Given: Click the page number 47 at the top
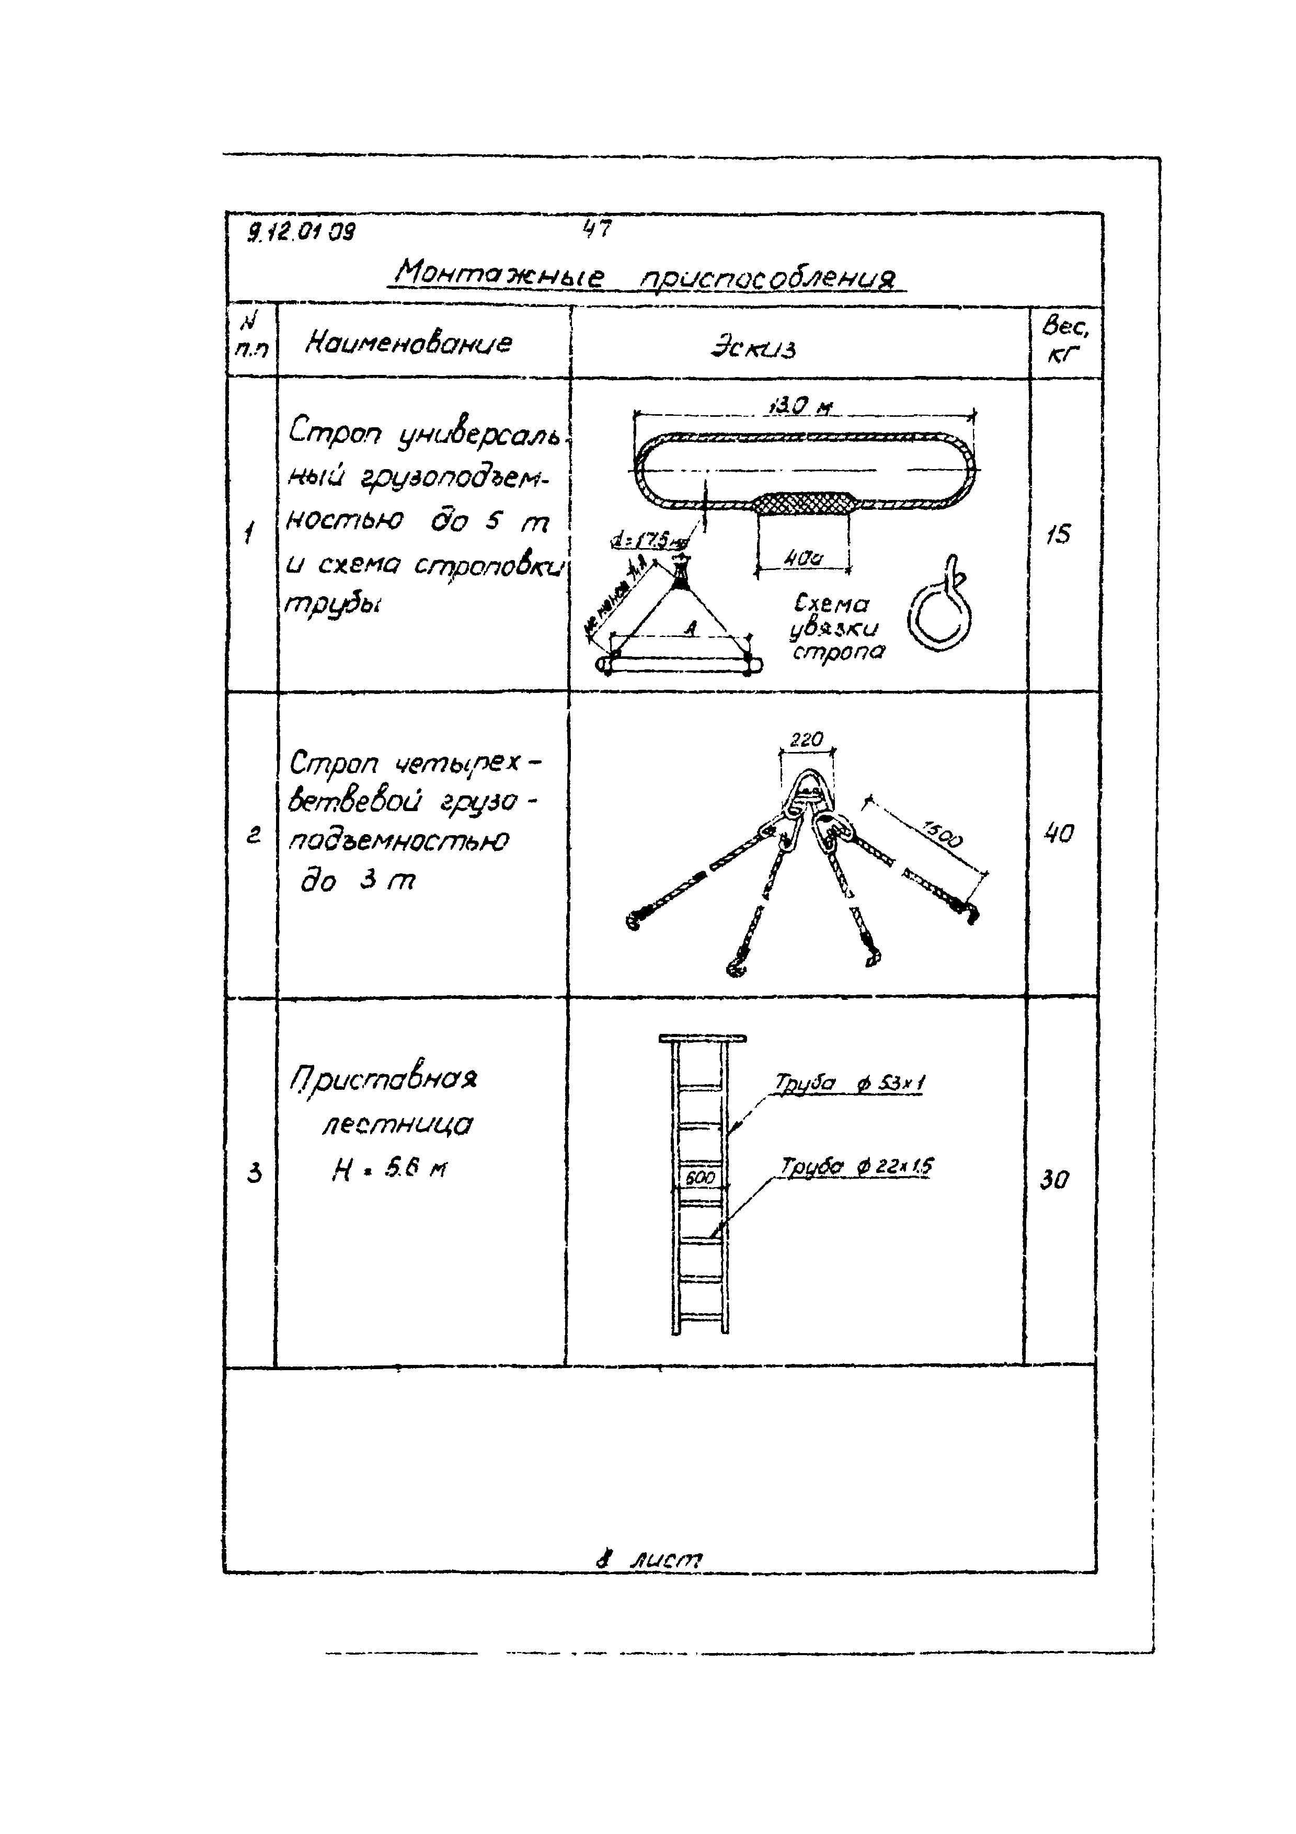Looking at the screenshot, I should point(597,229).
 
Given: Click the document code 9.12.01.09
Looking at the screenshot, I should point(302,232).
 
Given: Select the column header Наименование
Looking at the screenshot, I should point(408,344).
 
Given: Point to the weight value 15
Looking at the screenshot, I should point(1058,534).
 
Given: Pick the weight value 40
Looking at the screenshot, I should point(1059,835).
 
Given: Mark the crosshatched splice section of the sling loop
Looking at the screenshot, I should point(804,504).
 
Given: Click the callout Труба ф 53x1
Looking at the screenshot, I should point(849,1083).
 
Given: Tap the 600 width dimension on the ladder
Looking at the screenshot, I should point(701,1177).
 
